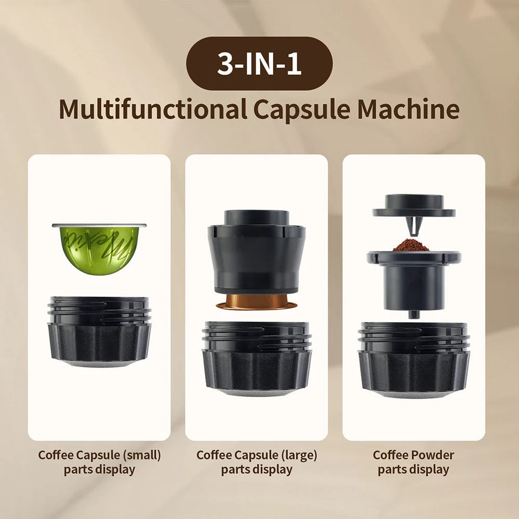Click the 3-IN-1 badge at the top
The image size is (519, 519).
(259, 63)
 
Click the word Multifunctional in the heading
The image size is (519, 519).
(152, 109)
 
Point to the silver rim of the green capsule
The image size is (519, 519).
(99, 225)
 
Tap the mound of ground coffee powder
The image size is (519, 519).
(411, 245)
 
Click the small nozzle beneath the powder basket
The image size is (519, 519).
(414, 314)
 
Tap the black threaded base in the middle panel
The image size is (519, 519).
(257, 357)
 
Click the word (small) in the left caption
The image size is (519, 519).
(142, 455)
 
